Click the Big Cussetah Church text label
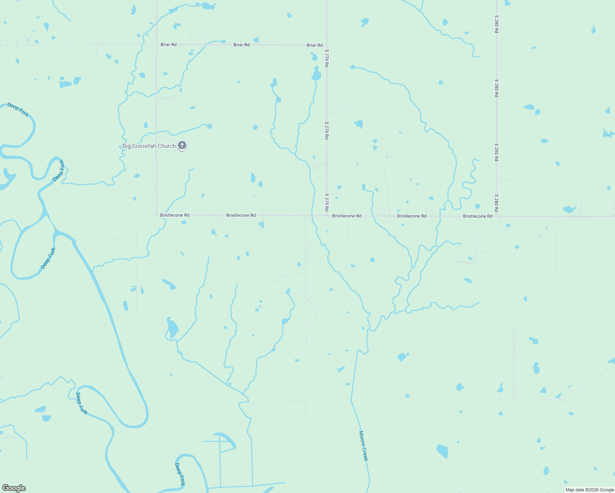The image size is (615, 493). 149,146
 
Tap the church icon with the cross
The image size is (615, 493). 182,145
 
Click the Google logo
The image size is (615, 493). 14,488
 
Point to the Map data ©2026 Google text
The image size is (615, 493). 590,490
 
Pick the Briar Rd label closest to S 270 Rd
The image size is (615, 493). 314,45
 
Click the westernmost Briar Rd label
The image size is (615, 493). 169,44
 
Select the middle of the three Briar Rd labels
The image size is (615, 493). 241,45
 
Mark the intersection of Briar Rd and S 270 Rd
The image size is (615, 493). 327,45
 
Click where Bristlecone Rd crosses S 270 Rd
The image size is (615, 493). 327,215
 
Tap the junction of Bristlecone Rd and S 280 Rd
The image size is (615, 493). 497,216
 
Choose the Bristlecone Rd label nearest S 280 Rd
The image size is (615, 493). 477,216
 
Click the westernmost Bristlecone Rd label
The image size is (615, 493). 175,215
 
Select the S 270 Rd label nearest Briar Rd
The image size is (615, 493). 327,58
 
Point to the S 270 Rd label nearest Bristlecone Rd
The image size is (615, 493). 327,203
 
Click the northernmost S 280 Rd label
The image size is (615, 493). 497,24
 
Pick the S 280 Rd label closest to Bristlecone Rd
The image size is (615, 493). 497,203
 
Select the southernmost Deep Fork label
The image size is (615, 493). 180,474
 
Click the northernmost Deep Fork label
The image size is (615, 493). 18,110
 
